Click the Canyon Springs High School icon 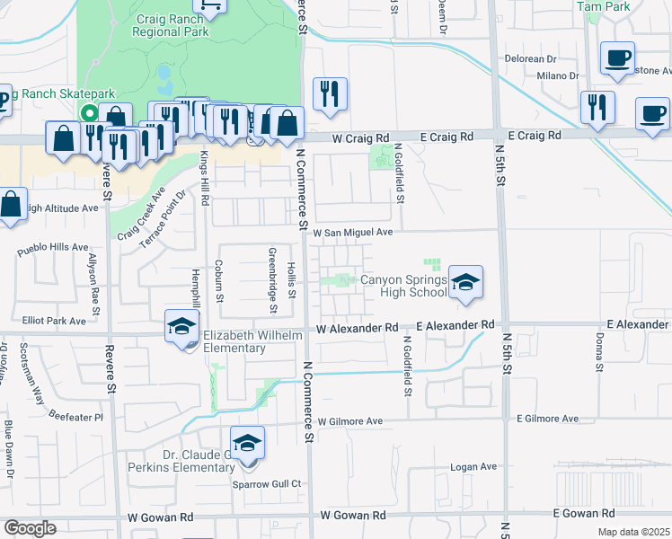pos(465,283)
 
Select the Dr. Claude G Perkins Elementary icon pos(247,444)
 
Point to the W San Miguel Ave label pos(353,232)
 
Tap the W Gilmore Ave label pos(349,420)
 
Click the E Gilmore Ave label pos(547,419)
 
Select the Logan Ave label pos(473,466)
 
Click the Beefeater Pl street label pos(75,418)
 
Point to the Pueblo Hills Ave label pos(55,246)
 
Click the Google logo pos(30,528)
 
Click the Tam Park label pos(603,6)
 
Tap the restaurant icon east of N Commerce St pos(330,94)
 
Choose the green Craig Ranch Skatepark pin pos(88,114)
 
